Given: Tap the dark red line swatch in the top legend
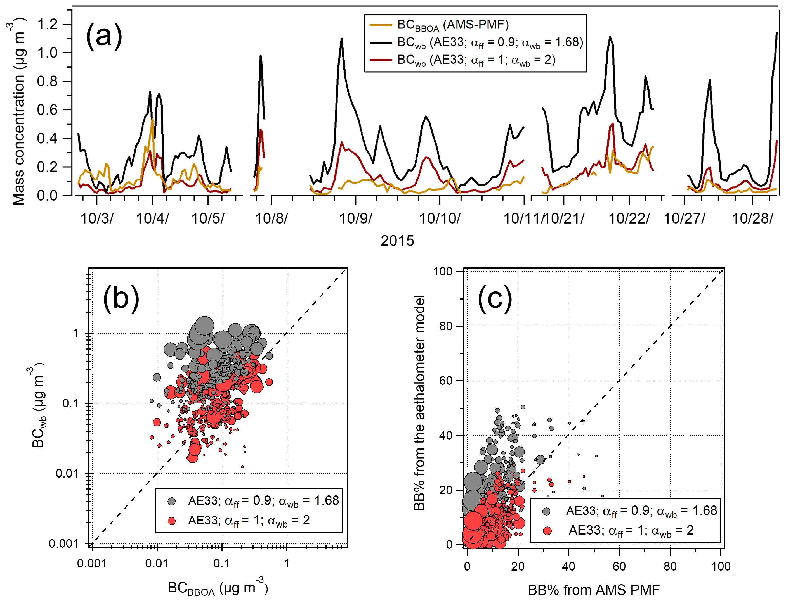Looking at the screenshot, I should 381,60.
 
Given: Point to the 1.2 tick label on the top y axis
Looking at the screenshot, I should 47,24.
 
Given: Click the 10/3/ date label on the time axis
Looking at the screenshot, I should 97,218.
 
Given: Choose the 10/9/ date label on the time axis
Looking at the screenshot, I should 355,218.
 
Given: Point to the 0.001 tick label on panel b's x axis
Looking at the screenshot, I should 92,564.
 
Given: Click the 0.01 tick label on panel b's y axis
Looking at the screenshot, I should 67,474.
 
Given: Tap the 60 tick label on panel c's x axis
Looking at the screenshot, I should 619,566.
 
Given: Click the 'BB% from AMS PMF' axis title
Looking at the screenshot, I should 593,590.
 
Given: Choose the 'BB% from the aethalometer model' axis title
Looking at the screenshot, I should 419,402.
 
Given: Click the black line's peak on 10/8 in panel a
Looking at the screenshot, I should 260,56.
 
